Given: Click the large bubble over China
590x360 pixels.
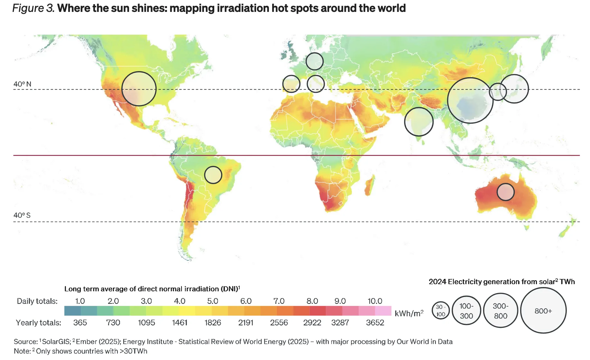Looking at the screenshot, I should tap(470, 100).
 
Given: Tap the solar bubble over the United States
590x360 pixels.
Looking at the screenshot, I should tap(139, 89).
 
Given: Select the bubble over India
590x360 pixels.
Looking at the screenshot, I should tap(419, 122).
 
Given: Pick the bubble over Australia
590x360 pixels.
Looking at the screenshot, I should tap(505, 192).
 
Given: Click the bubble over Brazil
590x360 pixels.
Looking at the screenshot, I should tap(213, 175).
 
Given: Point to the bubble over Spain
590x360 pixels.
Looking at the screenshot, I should tap(291, 84).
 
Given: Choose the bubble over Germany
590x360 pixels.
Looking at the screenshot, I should tap(314, 61).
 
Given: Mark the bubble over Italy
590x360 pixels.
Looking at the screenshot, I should tap(316, 84).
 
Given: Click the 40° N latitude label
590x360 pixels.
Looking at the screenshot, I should tap(22, 84).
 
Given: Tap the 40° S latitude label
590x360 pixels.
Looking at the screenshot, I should tap(22, 215).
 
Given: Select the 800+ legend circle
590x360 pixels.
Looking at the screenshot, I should tap(543, 310).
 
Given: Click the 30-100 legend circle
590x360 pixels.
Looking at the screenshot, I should tap(440, 310).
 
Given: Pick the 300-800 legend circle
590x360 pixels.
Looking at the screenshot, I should tap(501, 310).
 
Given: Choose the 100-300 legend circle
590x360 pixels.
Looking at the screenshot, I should tap(466, 310).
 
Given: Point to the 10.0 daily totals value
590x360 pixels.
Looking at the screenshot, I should tap(375, 301).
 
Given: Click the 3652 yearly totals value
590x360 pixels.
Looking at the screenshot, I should tap(375, 322).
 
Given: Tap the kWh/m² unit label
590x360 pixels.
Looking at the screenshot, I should tap(409, 313).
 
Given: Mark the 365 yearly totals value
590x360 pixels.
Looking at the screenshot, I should tap(80, 322).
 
